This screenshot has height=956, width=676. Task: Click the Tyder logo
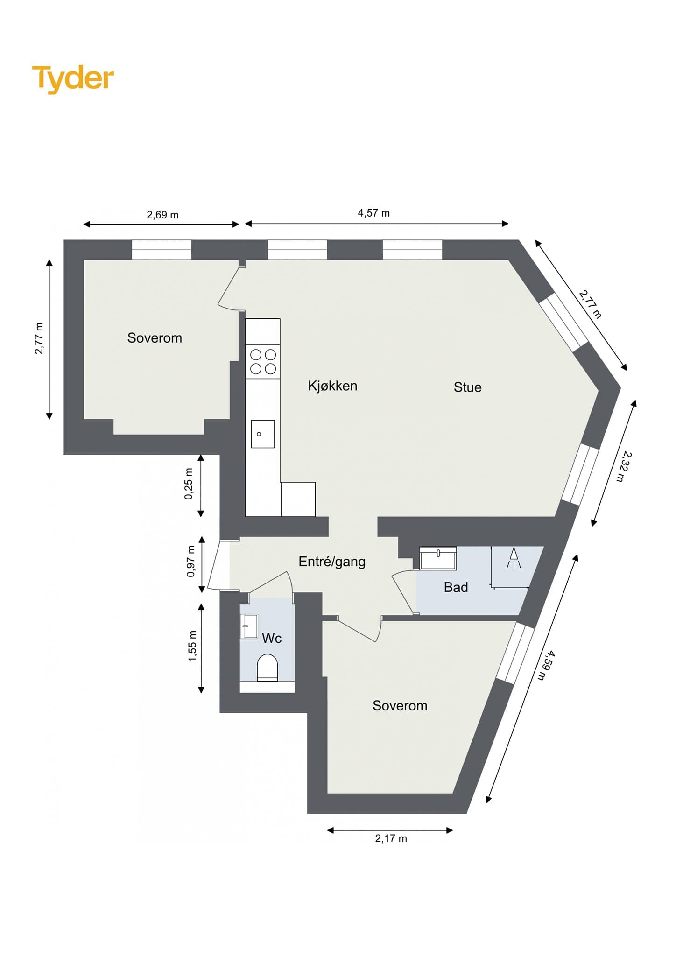click(x=73, y=78)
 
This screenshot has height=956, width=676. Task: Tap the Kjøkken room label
click(x=332, y=386)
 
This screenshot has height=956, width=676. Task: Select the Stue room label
click(x=467, y=387)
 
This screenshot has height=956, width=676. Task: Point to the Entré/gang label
click(x=332, y=562)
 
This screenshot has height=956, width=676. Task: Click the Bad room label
click(x=456, y=587)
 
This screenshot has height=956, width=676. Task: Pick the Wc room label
click(x=272, y=638)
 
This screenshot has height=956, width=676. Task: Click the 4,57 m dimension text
click(x=373, y=213)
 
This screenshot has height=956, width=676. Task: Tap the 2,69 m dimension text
click(x=162, y=215)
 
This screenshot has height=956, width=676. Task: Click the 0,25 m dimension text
click(x=189, y=484)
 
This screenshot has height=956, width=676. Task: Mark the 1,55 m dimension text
click(x=192, y=646)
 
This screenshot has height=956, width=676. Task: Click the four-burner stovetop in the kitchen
click(x=263, y=362)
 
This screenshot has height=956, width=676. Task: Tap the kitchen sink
click(x=263, y=434)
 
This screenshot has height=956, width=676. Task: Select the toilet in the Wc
click(x=268, y=668)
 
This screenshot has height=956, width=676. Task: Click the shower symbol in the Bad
click(x=514, y=557)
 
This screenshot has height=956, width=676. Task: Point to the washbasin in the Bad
click(x=438, y=558)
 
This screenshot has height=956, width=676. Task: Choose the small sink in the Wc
click(x=249, y=626)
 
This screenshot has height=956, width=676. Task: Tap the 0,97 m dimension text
click(x=190, y=561)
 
